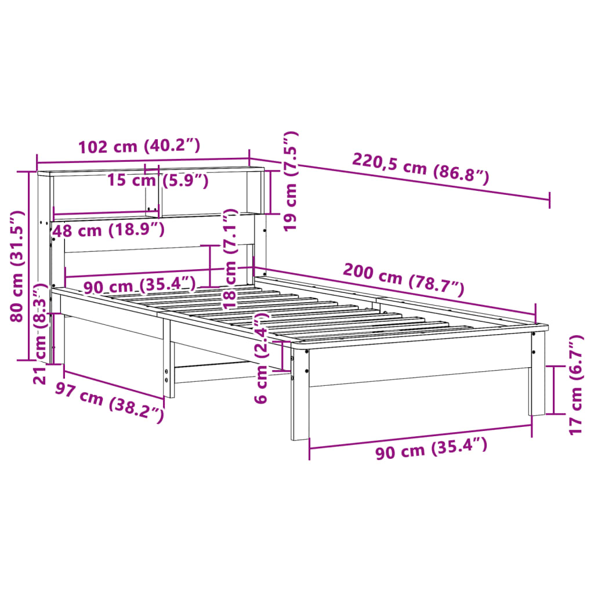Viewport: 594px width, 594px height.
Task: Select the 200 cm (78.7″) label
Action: (404, 279)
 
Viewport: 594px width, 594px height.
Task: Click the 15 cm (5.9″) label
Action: (158, 180)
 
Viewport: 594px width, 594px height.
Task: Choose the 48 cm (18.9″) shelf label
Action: (108, 230)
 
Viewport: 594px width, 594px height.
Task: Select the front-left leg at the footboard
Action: (300, 394)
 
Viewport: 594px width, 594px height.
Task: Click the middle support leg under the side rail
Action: (168, 360)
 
